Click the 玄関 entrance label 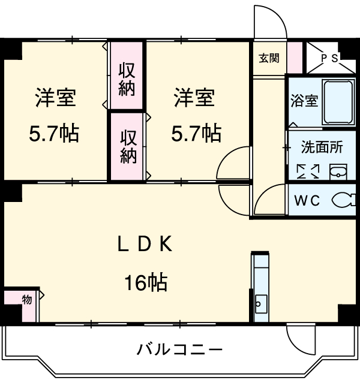point(269,58)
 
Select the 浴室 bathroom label point(304,101)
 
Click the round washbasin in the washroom point(337,172)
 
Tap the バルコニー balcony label point(179,349)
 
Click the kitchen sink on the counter point(261,301)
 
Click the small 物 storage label point(26,300)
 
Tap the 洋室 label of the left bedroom point(55,98)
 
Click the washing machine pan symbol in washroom point(309,171)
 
